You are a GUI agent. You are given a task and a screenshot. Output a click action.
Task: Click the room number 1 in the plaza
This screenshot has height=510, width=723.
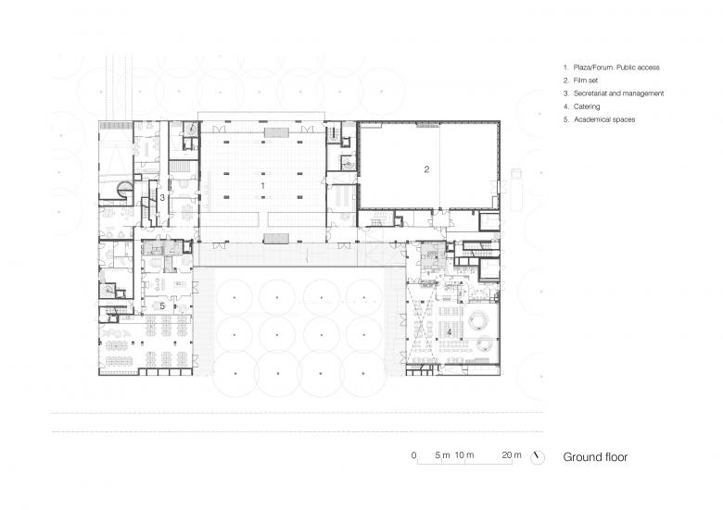click(263, 186)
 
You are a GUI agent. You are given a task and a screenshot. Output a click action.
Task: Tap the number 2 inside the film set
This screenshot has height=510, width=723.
click(426, 169)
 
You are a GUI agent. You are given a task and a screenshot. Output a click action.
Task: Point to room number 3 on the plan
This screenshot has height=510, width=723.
click(162, 197)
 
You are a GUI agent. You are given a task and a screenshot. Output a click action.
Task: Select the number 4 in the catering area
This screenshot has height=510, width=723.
click(450, 330)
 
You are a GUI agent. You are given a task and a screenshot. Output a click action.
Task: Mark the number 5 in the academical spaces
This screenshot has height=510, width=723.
click(162, 305)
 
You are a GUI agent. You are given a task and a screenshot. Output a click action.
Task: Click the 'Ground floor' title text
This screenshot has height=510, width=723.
click(595, 457)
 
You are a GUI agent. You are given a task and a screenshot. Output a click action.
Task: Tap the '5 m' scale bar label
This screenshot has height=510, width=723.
click(440, 455)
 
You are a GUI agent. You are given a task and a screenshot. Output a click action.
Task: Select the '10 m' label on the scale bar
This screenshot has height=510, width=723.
click(463, 455)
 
